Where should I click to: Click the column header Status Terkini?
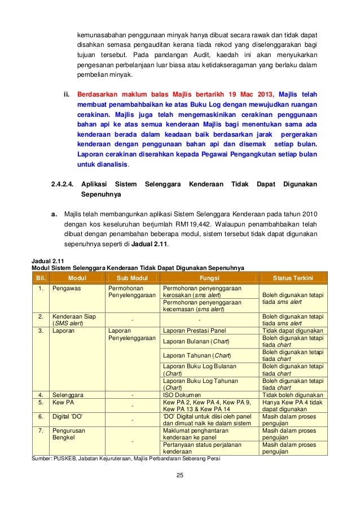point(293,278)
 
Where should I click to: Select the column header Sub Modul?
point(131,278)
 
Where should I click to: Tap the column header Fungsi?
point(209,278)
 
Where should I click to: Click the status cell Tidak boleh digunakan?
point(292,395)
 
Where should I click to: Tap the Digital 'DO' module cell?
point(67,416)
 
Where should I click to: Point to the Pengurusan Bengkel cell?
point(67,435)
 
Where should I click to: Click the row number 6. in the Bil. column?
point(41,416)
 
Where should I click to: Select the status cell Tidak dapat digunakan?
point(292,330)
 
